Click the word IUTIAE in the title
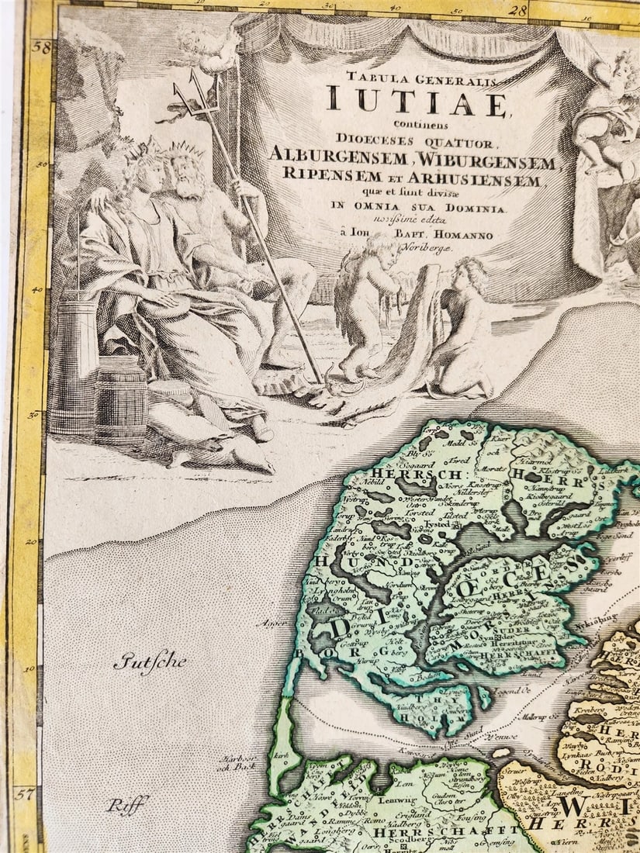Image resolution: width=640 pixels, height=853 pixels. click(x=417, y=102)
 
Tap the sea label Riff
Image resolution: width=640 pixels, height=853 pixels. click(x=126, y=805)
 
